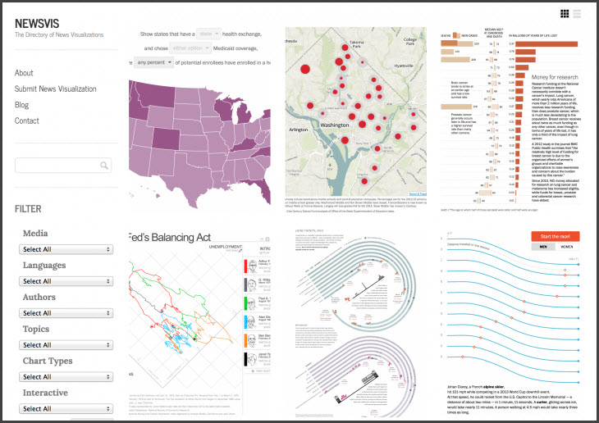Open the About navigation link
pos(24,73)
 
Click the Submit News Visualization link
pos(56,89)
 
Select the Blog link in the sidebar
pos(21,105)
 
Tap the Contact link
pos(26,121)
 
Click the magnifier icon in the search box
pos(104,166)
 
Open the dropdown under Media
pos(67,249)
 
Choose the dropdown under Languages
pos(67,281)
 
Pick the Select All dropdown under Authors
pos(67,313)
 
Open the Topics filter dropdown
pos(67,345)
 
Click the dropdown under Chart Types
pos(67,377)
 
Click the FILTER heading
pos(28,209)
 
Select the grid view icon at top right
pos(565,13)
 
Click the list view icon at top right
pos(578,13)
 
